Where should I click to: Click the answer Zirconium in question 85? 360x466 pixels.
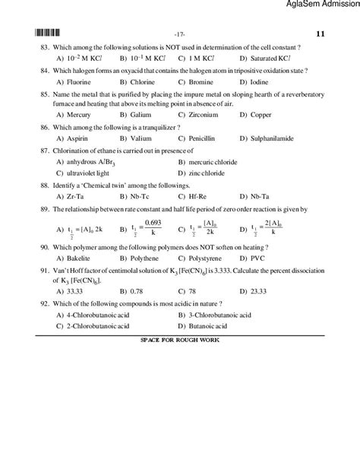[204, 116]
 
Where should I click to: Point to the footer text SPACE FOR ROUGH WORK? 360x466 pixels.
[180, 339]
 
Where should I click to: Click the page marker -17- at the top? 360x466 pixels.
[180, 34]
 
